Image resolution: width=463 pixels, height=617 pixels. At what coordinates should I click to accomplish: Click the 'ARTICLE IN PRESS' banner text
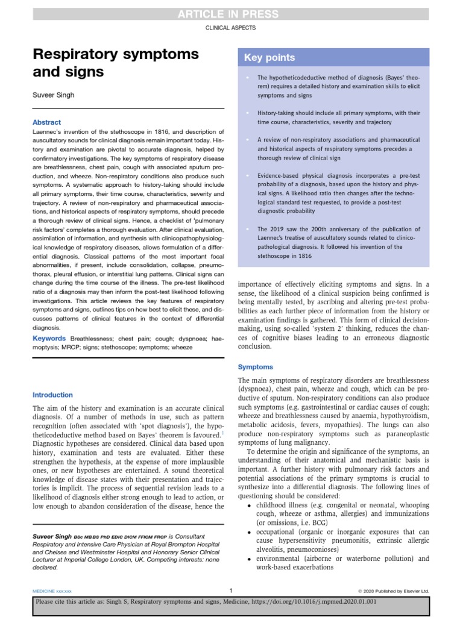(x=231, y=14)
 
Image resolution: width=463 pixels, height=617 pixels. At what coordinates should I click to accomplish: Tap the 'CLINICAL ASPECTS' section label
(x=231, y=28)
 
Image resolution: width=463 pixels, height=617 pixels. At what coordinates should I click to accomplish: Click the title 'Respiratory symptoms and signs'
(x=115, y=63)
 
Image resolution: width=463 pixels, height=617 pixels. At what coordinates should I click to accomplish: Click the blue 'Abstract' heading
(x=46, y=122)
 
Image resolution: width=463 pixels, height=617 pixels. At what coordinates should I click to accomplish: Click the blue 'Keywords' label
(x=49, y=339)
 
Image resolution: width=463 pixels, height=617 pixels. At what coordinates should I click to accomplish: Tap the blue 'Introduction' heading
(x=52, y=395)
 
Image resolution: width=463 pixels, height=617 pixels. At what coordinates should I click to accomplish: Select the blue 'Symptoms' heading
(x=255, y=366)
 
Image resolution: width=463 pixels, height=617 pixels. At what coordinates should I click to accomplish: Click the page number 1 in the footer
(x=231, y=590)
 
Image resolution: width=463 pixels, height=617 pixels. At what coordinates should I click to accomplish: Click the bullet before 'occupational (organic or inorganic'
(x=250, y=532)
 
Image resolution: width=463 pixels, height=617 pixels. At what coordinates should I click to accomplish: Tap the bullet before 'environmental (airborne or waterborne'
(x=250, y=559)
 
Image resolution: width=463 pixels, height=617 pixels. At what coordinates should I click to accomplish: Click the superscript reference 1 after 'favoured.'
(x=223, y=431)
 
